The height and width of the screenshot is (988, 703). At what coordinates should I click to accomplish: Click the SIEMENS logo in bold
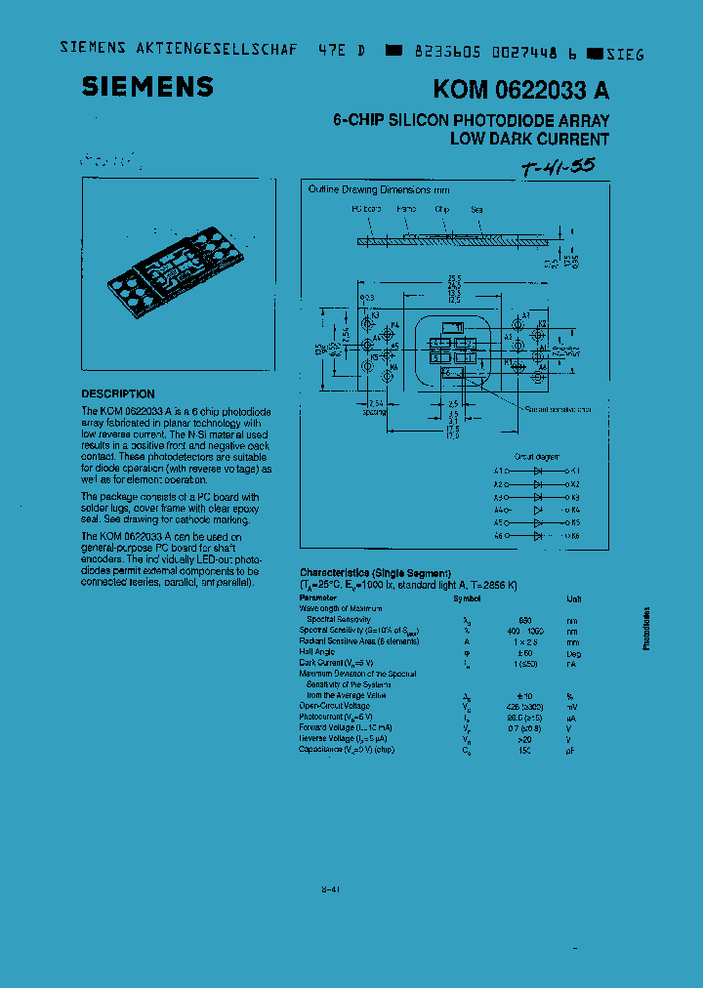[147, 87]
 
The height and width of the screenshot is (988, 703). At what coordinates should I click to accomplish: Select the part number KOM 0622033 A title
[521, 91]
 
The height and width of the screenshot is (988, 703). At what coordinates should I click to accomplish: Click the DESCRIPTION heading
[118, 394]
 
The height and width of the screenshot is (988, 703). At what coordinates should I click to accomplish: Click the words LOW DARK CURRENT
[529, 139]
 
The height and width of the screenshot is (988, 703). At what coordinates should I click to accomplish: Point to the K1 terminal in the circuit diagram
[575, 470]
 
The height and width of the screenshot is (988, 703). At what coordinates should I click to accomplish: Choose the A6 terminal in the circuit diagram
[499, 536]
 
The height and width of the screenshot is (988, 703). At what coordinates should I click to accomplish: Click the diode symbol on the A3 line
[537, 496]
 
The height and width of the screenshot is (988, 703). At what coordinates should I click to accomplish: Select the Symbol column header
[467, 597]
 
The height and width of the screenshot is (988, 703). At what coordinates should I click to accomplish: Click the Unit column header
[574, 598]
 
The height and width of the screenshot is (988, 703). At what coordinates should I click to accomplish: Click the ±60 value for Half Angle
[525, 652]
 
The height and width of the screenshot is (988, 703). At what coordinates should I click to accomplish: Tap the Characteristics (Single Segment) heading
[375, 572]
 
